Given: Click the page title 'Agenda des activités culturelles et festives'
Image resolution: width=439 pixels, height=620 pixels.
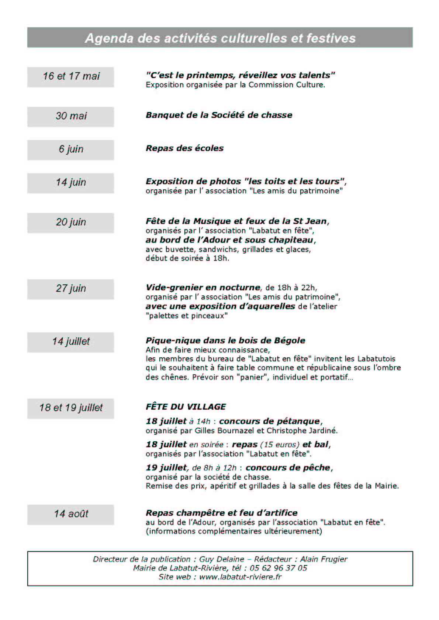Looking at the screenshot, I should pos(220,38).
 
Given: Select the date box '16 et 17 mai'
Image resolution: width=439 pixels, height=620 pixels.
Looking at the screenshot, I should pos(71,77).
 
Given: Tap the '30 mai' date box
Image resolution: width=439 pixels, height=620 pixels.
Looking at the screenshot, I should pos(71,116).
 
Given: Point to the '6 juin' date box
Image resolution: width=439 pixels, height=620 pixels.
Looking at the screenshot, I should pos(71,150).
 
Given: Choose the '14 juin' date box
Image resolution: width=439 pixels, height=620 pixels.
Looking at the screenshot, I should pos(71,183).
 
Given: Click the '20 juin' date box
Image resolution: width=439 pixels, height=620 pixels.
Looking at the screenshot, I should pos(71,223).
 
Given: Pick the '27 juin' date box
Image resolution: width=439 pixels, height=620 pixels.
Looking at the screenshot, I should pos(71,289).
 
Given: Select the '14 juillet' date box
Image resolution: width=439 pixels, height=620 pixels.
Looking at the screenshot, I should pos(71,342).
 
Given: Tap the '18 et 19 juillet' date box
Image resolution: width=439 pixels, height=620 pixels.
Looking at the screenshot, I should pos(71,408).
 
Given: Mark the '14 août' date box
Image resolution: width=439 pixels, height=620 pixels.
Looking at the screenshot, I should pos(71,514).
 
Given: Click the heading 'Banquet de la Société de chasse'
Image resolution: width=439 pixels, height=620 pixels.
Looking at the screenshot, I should pos(219,115).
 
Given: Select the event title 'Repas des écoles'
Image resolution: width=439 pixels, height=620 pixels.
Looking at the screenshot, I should pos(184,148).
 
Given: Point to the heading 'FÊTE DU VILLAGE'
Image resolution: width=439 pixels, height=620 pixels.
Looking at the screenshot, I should pos(186,407).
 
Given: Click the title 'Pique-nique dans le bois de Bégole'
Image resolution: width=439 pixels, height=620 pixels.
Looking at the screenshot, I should pos(225,341).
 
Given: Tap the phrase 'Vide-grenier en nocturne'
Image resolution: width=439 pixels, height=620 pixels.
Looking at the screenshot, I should pos(203,288).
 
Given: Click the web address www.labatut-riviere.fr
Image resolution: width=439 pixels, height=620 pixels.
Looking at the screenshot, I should pos(240,577).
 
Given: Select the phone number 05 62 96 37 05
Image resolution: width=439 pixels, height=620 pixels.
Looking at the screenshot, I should pos(278,568).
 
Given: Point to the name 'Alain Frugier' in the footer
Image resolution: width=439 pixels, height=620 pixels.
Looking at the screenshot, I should pos(324,560).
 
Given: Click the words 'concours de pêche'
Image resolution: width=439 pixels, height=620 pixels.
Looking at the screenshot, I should pos(288,468).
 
